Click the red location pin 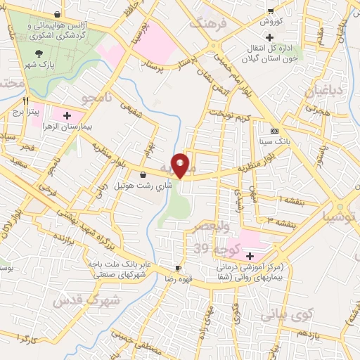pyautogui.click(x=181, y=165)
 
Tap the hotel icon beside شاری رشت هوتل pyautogui.click(x=143, y=174)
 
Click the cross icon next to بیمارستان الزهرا pyautogui.click(x=67, y=115)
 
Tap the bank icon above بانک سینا pyautogui.click(x=274, y=130)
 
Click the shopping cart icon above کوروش pyautogui.click(x=271, y=11)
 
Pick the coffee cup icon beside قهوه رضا pyautogui.click(x=178, y=269)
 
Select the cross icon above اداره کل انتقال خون pyautogui.click(x=269, y=35)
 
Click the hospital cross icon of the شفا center pyautogui.click(x=250, y=255)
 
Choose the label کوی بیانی pyautogui.click(x=285, y=316)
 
